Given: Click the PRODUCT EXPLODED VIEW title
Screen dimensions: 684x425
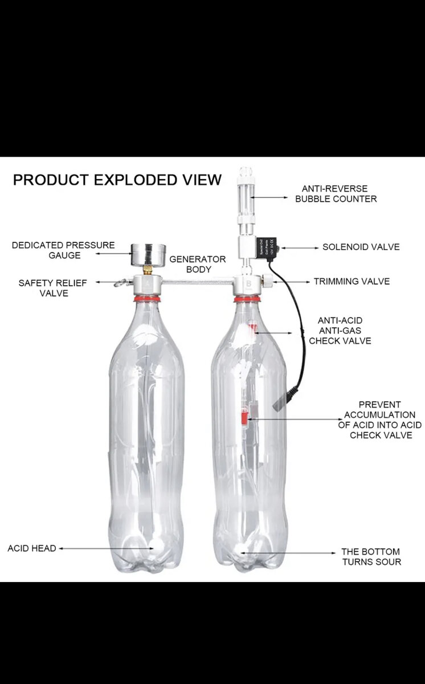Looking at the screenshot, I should (117, 180).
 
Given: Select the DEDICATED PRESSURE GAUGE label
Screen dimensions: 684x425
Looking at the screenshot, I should (63, 250).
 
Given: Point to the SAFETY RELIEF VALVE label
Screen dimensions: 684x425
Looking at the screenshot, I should (43, 287).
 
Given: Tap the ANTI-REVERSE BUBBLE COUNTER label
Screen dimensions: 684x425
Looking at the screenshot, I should (336, 193).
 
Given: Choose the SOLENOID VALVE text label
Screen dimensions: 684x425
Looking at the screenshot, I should (361, 247).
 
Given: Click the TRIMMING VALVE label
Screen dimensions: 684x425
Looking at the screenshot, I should (352, 281).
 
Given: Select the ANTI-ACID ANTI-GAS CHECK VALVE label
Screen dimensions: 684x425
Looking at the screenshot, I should (340, 331).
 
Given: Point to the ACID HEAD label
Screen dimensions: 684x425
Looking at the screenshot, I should (32, 548).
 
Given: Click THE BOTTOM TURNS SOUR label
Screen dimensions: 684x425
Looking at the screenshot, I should (371, 556).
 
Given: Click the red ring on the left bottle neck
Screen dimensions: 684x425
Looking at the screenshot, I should (146, 298).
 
